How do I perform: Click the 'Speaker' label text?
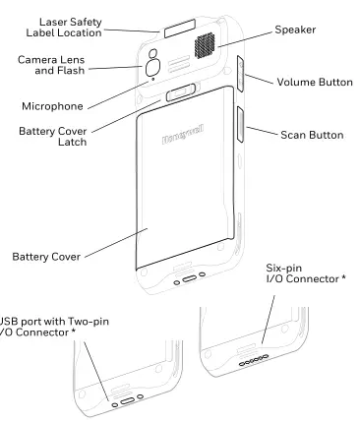[x=296, y=30]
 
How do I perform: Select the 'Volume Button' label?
[x=314, y=82]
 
